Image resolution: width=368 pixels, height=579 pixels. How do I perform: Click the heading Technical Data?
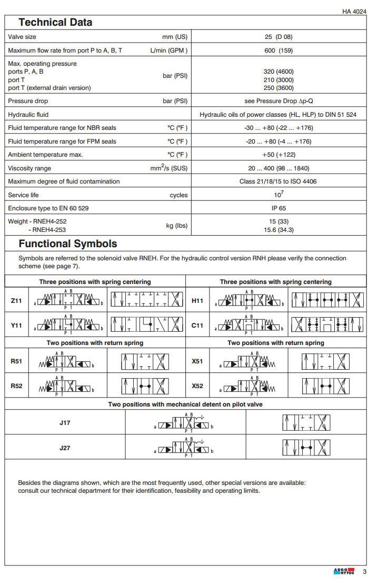55,23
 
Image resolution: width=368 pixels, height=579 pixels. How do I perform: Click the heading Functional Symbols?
68,244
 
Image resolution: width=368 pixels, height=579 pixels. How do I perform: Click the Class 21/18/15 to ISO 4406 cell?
278,181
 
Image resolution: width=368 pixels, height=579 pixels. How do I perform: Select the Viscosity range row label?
29,168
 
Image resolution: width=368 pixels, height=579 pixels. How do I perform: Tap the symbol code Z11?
16,301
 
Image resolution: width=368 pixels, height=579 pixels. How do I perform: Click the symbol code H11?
197,301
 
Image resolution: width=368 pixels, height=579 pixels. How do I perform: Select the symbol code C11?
197,326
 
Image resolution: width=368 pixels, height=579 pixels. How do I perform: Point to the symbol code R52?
16,386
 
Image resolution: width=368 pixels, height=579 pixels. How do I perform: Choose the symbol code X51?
197,362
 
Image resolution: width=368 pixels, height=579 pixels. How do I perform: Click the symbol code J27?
65,448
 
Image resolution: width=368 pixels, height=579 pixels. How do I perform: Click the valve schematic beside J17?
185,423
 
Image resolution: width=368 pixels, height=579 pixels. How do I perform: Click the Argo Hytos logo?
344,571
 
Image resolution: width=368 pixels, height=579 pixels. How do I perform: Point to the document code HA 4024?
353,11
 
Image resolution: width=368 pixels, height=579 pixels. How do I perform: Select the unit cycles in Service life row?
178,195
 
